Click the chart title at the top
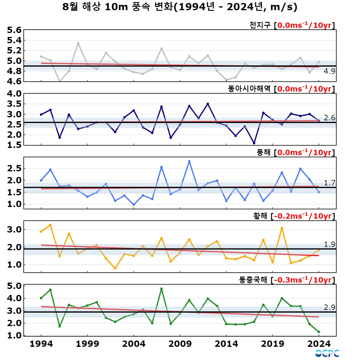(180, 7)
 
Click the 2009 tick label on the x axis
(180, 344)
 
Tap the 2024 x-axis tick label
(319, 344)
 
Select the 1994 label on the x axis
(41, 344)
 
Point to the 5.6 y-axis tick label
(14, 30)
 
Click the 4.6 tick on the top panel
(14, 81)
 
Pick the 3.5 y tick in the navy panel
(14, 104)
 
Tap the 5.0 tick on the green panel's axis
(14, 286)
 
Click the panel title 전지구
(260, 25)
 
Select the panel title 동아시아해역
(249, 89)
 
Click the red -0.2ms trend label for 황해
(303, 216)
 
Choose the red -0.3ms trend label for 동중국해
(303, 280)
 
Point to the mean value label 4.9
(329, 71)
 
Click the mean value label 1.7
(329, 183)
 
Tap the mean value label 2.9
(329, 307)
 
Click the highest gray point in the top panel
(78, 43)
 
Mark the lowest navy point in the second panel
(254, 143)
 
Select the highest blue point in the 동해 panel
(189, 161)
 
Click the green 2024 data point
(319, 332)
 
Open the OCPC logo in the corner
(327, 353)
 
